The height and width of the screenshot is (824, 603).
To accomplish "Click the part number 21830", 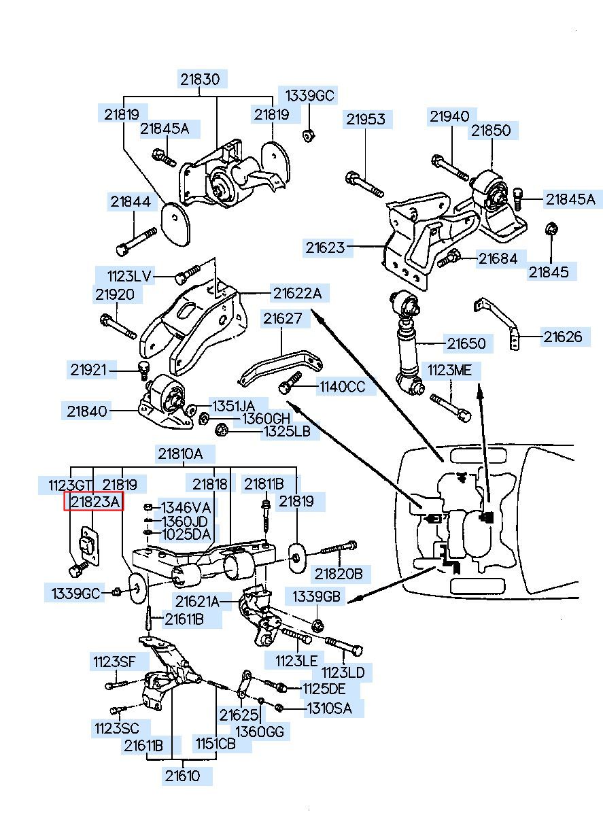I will point(200,79).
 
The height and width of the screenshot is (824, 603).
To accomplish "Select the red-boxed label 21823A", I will point(94,502).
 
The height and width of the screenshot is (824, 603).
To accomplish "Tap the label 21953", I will point(365,120).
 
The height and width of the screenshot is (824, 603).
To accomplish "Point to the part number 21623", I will point(325,248).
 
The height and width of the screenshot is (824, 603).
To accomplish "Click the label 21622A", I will point(297,294).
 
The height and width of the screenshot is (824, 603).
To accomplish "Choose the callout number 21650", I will point(466,343).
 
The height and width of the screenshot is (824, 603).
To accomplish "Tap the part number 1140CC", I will point(342,388).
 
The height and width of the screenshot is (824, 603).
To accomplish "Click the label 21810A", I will point(180,453).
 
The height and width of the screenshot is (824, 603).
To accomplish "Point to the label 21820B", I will point(338,574).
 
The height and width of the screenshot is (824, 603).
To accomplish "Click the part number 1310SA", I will point(329,708).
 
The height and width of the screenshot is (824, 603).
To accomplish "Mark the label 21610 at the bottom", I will point(182,775).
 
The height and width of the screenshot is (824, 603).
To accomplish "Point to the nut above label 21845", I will point(552,229).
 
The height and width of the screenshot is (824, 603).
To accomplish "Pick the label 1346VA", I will point(186,507).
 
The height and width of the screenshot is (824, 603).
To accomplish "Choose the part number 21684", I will point(498,258).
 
